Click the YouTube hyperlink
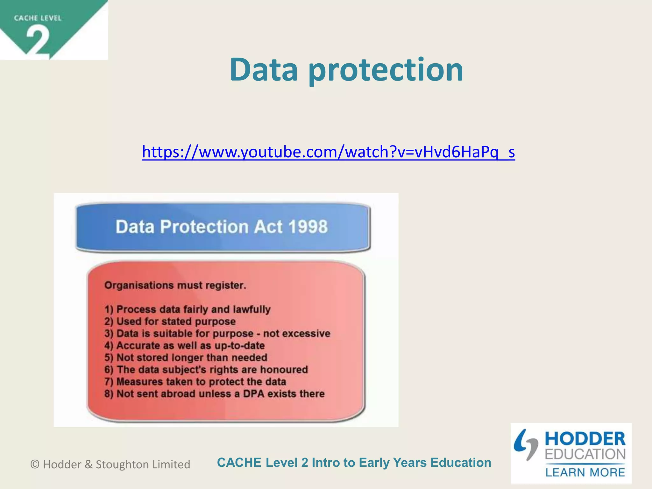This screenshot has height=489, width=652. point(328,152)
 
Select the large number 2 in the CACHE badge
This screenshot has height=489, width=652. point(38,41)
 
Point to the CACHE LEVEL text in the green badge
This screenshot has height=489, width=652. point(38,18)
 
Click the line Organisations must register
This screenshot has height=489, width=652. point(175,285)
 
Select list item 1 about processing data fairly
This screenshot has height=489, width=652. point(188,309)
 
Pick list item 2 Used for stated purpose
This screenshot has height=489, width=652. point(170,321)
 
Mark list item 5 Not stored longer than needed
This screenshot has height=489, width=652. point(186,358)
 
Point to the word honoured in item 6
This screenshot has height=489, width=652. point(284,370)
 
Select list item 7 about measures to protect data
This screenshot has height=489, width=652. point(195,381)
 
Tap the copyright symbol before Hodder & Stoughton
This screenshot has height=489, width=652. point(35,464)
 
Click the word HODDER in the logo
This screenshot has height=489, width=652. point(585,439)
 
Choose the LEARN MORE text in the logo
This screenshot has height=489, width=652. point(585,472)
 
